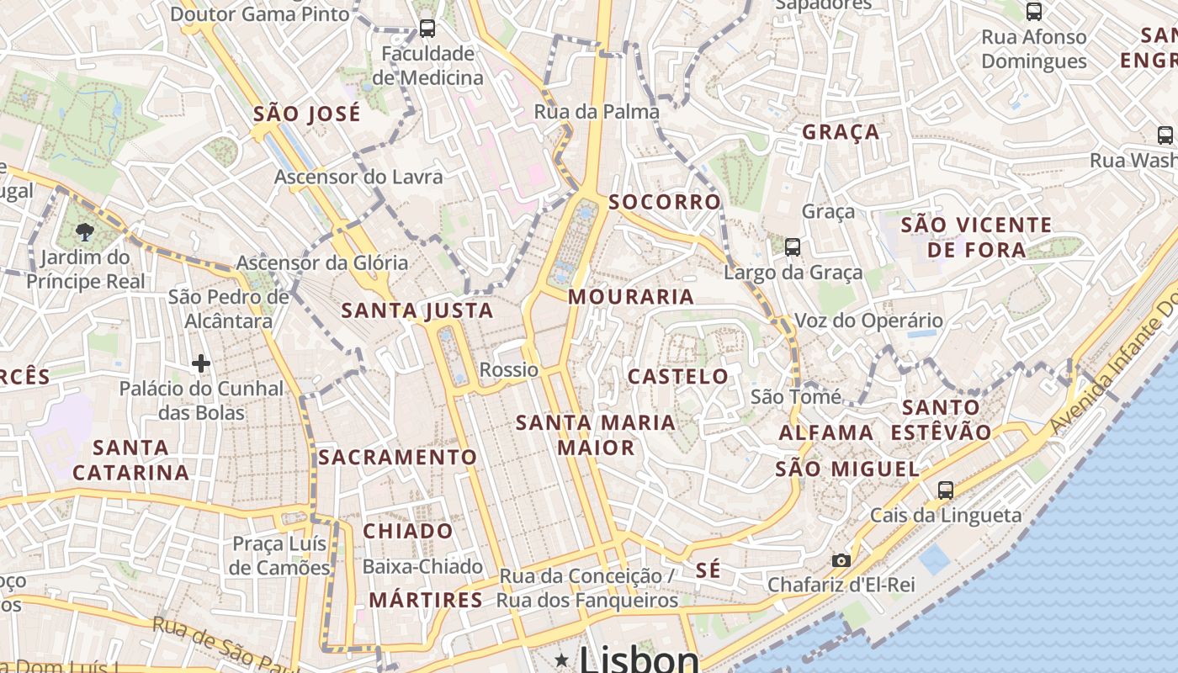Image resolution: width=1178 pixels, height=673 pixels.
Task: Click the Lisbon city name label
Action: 639,660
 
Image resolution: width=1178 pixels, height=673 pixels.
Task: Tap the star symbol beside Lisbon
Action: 561,660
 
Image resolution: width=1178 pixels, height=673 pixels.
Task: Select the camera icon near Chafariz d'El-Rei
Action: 841,560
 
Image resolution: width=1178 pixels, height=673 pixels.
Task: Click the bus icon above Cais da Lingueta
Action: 946,490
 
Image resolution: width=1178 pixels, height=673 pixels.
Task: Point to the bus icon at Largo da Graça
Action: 793,246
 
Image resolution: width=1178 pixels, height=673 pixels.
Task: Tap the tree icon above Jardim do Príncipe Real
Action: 84,232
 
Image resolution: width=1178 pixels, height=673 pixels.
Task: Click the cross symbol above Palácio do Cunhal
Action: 200,363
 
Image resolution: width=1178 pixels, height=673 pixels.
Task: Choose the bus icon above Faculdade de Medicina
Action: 427,29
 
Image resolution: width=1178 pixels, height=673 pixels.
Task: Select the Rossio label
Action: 509,370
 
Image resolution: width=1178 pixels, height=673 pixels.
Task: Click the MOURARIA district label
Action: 631,297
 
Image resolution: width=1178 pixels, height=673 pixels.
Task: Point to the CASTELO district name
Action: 678,376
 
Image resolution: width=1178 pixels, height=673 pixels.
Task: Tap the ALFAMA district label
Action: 826,433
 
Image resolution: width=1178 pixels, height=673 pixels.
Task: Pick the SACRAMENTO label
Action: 398,458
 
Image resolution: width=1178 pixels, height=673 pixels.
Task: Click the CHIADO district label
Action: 408,532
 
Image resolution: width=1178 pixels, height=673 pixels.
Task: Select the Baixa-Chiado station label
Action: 422,566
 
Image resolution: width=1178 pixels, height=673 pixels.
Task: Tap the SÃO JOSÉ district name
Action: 307,114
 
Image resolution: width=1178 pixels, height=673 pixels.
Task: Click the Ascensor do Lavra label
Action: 358,178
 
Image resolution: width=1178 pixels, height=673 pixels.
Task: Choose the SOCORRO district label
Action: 665,202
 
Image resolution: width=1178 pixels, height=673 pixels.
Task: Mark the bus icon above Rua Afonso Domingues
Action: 1034,12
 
